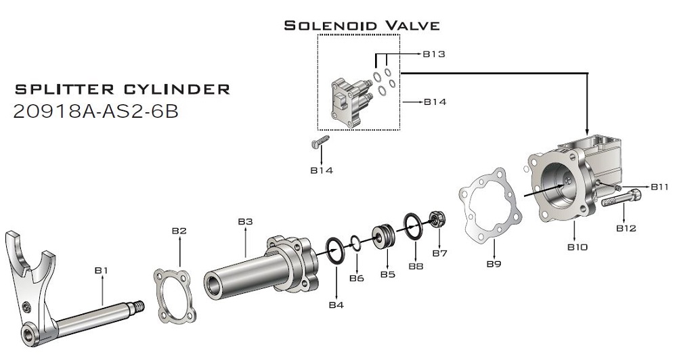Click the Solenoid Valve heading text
362,26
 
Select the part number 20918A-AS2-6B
96,112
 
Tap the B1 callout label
101,270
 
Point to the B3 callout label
245,221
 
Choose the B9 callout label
494,263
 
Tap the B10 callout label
577,247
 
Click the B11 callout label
659,187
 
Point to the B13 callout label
433,54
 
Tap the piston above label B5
384,235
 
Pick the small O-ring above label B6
356,242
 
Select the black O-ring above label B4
335,250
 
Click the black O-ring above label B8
414,225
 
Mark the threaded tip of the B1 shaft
139,307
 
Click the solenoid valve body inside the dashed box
351,102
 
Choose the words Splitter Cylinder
122,89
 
